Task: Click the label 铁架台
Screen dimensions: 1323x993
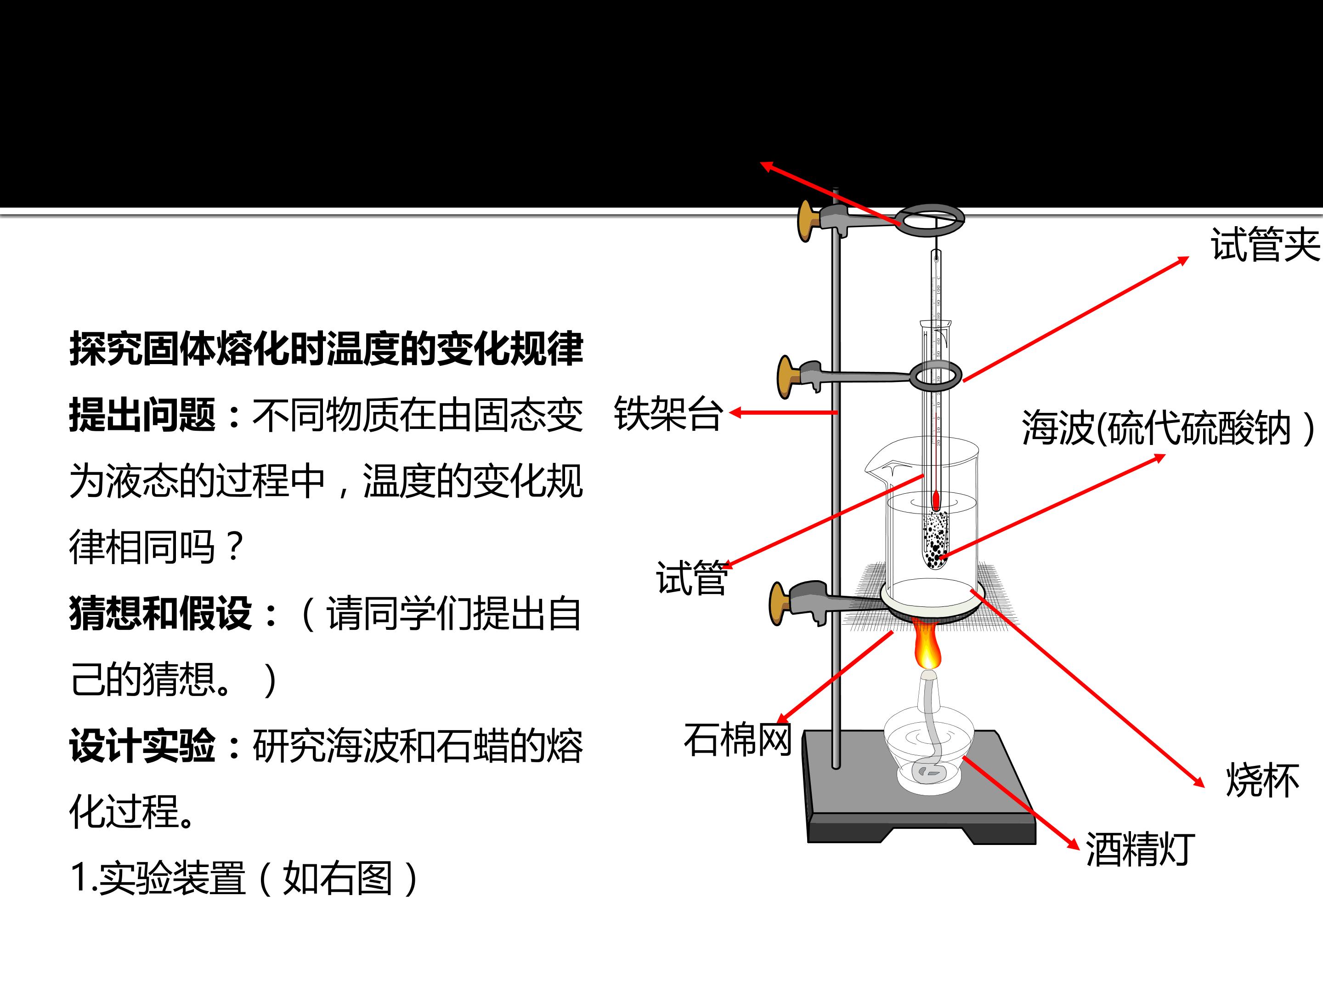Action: (668, 413)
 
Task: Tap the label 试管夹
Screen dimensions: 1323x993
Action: (1265, 244)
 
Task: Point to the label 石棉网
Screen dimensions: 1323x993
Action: (737, 739)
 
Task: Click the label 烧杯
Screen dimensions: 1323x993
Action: (1262, 780)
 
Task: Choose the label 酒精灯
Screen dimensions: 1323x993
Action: (1140, 849)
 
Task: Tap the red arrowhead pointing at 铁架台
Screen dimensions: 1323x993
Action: (735, 412)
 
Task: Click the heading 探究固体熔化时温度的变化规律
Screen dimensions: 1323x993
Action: (326, 348)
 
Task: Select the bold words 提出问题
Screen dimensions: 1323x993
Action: (142, 414)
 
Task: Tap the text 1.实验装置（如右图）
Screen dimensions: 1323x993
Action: (245, 878)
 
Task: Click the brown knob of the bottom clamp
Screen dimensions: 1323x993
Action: (778, 603)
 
